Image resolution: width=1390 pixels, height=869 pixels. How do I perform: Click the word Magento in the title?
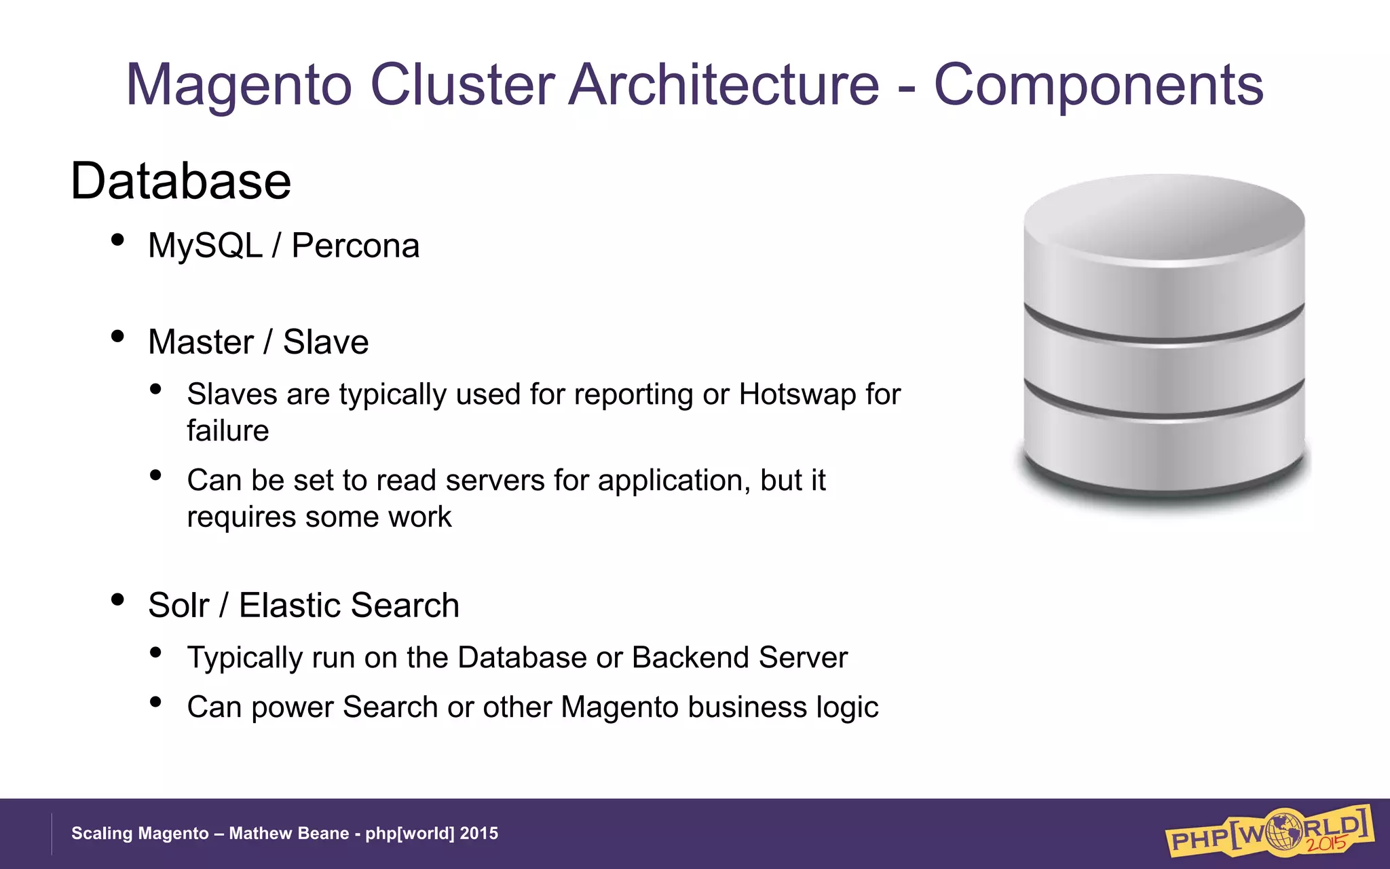click(239, 86)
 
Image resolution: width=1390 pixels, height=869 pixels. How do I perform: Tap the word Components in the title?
click(1098, 86)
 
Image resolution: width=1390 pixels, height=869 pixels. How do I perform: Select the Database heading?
click(181, 182)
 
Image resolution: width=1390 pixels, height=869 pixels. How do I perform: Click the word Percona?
click(355, 246)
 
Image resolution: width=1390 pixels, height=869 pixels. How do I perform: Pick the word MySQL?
click(205, 246)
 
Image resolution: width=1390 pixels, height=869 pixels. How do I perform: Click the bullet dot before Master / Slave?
click(117, 337)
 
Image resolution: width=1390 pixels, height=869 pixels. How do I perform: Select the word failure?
click(228, 431)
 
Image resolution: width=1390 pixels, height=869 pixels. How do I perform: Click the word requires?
click(242, 517)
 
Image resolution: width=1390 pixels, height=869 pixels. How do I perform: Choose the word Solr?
click(179, 606)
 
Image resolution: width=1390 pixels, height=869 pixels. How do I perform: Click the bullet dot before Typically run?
click(155, 653)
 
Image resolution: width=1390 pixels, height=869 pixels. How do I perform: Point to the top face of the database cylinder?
click(1164, 217)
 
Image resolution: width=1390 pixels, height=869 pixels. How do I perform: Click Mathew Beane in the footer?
click(288, 834)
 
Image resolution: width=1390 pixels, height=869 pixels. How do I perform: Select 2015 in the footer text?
click(478, 834)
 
